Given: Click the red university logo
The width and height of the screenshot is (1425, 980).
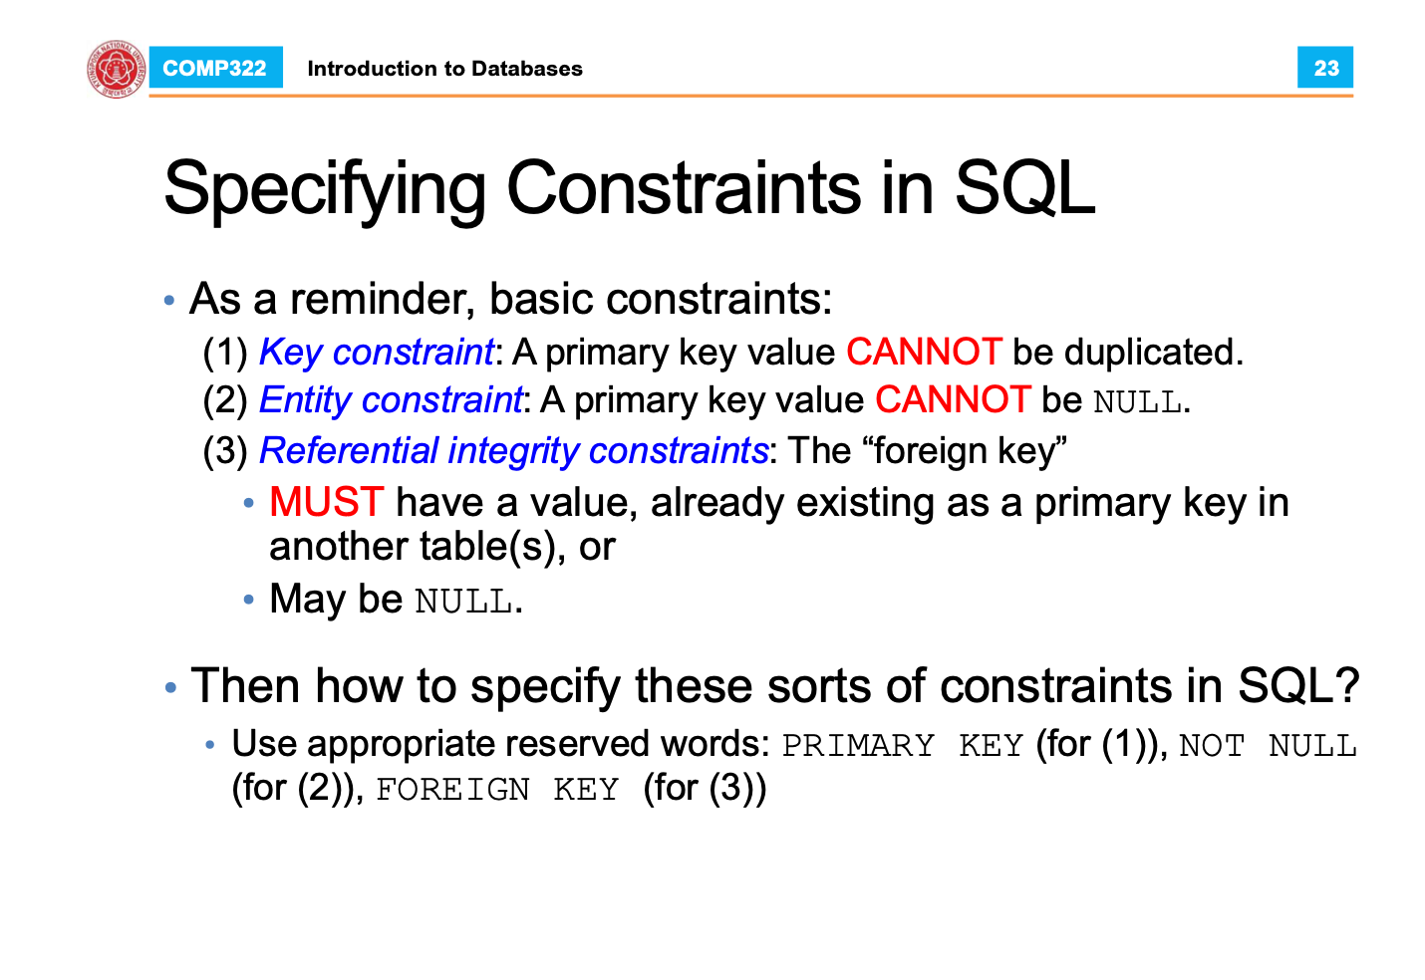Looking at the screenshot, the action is click(x=116, y=69).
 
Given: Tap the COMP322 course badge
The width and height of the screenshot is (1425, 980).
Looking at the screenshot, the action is click(x=215, y=68).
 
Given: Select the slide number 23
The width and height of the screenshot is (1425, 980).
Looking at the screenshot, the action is click(x=1325, y=68).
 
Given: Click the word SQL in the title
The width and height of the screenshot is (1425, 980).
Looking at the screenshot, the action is click(x=1024, y=187).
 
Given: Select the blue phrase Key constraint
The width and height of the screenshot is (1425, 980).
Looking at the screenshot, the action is click(x=376, y=353).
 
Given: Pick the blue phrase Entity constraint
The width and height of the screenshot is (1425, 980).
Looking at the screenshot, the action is click(x=391, y=400).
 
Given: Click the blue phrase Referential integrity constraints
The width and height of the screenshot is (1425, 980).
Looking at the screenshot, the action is click(x=514, y=451).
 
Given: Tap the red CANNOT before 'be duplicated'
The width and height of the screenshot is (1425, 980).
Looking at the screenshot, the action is click(x=925, y=352).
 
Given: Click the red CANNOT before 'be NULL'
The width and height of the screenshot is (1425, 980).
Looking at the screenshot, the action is click(x=953, y=400).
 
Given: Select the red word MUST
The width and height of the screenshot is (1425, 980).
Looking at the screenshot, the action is click(x=327, y=502).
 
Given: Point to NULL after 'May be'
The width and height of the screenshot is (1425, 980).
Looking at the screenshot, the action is click(x=463, y=601).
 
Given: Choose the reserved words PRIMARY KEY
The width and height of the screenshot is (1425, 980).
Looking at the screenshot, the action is click(x=902, y=745).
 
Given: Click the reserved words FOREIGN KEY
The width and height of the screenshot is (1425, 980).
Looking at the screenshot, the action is click(x=497, y=790).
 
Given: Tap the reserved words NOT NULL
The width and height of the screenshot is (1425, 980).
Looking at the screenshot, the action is click(x=1268, y=745).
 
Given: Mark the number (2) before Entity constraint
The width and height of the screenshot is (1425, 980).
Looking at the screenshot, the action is click(x=225, y=400).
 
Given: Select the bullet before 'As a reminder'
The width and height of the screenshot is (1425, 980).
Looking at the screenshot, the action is click(x=169, y=300).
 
